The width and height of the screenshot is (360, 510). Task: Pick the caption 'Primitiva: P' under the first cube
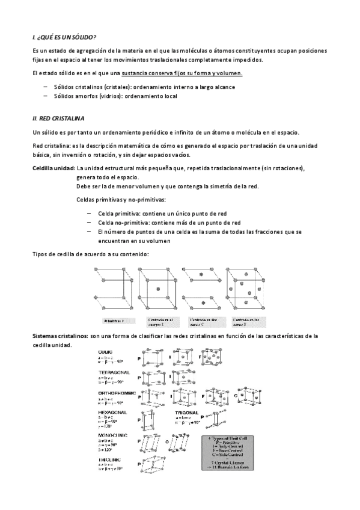point(114,321)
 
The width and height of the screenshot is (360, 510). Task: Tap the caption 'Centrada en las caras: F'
point(247,321)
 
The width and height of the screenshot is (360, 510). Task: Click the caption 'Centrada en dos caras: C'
point(203,321)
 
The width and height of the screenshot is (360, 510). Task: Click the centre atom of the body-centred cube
point(159,290)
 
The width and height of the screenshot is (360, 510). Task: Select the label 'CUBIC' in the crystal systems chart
point(105,351)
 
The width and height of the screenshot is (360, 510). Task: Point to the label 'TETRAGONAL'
point(114,373)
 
